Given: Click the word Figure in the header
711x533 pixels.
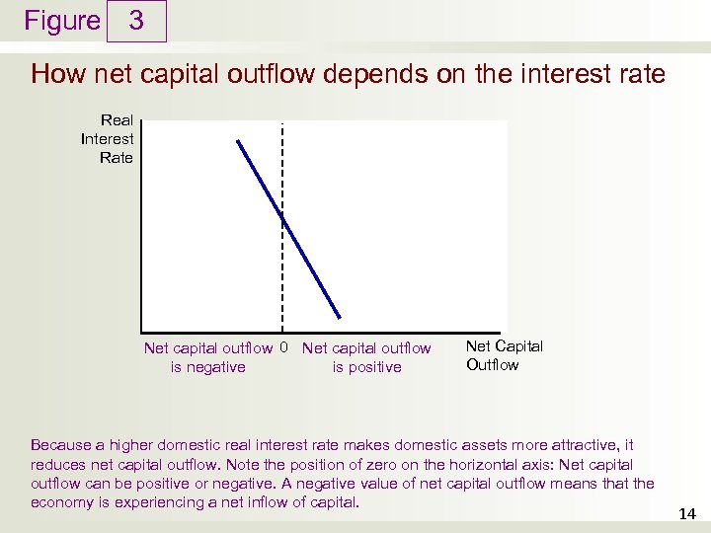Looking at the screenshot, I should (61, 21).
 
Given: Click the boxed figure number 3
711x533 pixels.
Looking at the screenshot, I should (136, 21).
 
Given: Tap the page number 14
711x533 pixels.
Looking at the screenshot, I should (687, 514).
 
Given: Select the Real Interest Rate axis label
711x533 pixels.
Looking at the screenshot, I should (108, 139).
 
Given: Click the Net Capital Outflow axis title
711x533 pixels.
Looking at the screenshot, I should (504, 355).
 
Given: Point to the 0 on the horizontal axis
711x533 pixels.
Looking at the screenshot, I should (283, 347).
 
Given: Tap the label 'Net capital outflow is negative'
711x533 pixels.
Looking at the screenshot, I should (208, 357).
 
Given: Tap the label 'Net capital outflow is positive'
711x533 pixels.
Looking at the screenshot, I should (366, 357).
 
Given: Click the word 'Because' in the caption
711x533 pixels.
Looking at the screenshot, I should (61, 445).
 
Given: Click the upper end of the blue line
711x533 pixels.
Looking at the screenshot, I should (238, 141).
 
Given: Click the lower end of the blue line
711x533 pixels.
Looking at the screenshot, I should (339, 317).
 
